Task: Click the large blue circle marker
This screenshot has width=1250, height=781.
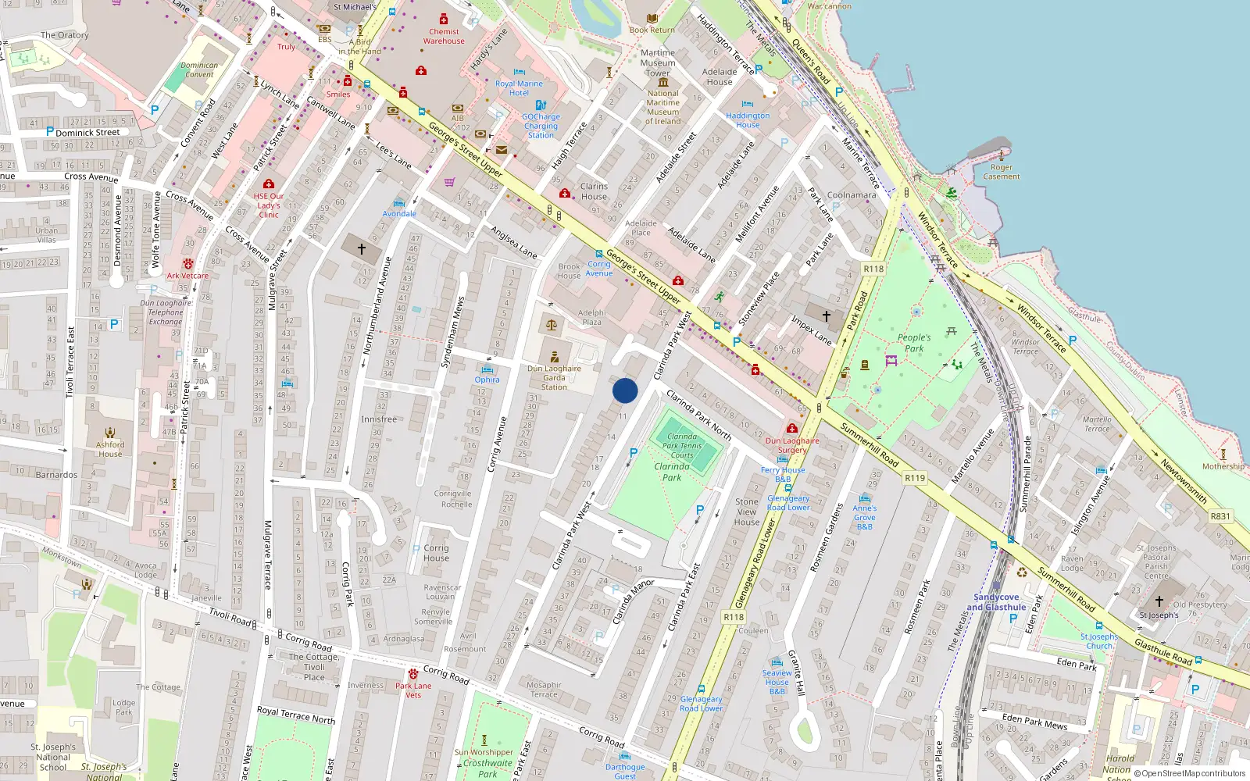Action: [625, 390]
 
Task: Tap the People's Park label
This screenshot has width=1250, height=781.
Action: [914, 343]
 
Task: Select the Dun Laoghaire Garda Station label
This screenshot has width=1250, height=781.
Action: [554, 377]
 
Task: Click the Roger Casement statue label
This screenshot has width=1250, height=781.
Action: [1002, 172]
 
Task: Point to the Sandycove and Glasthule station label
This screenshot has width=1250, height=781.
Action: [996, 602]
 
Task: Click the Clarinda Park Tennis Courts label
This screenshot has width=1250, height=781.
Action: [682, 446]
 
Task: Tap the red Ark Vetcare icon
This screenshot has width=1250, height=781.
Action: [187, 264]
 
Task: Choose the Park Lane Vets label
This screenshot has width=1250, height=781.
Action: [413, 690]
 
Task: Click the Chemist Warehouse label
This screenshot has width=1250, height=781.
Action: [444, 36]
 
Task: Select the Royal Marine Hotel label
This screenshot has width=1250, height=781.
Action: [519, 87]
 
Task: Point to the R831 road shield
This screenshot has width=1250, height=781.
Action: [1220, 516]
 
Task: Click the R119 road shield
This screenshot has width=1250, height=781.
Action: [914, 478]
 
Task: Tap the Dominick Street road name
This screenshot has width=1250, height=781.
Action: [87, 133]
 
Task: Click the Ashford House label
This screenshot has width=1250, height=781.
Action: [110, 449]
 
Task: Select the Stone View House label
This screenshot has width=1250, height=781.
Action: [746, 512]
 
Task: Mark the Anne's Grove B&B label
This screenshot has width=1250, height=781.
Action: [865, 517]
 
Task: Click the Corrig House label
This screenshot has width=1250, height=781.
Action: [436, 553]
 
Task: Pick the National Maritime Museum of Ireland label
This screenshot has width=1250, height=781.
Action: [663, 107]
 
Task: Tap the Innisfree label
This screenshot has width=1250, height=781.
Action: [378, 419]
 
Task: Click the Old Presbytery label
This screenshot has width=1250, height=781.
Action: [1200, 604]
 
